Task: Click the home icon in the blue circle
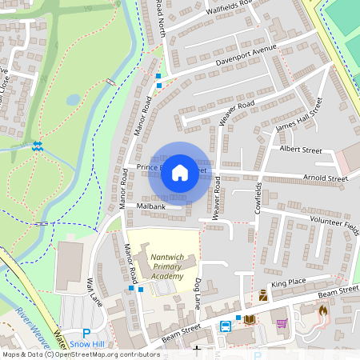click(x=180, y=172)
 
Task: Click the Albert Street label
click(x=300, y=150)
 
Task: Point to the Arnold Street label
click(x=326, y=178)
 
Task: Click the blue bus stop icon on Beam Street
click(x=226, y=326)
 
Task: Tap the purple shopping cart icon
click(x=282, y=323)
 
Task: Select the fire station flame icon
click(x=323, y=310)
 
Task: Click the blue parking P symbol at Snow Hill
click(x=86, y=333)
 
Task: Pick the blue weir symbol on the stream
click(x=37, y=146)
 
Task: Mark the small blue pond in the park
click(x=74, y=100)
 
